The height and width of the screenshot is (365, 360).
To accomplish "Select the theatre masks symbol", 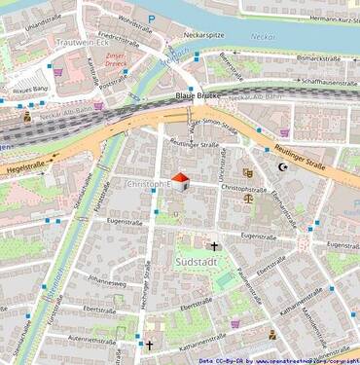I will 248,172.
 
